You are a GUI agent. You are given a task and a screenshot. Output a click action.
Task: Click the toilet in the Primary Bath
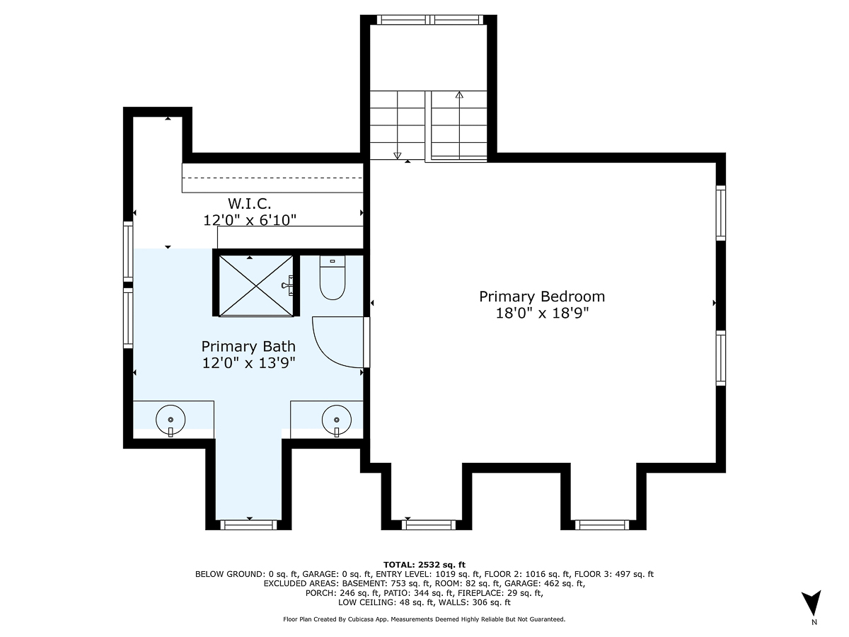332,277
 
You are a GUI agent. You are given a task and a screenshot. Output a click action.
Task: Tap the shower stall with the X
254,285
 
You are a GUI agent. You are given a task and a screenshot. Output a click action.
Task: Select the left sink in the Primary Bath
171,419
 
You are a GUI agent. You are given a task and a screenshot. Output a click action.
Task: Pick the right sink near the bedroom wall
336,419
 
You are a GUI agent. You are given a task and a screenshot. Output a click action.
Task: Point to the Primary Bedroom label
542,297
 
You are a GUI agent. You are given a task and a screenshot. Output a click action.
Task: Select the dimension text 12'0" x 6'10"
249,221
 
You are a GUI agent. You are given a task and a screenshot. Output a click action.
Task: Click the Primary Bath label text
248,346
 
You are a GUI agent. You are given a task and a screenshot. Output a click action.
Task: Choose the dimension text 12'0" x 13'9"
248,363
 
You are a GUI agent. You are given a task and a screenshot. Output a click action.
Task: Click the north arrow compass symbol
814,604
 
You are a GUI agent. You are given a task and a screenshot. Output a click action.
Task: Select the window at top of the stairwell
429,19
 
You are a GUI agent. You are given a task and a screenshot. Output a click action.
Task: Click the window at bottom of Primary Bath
248,524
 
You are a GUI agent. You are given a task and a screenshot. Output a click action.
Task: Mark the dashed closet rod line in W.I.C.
272,178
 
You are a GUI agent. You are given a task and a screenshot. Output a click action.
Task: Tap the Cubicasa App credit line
424,619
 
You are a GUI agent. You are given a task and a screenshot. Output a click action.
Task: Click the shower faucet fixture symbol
289,285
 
